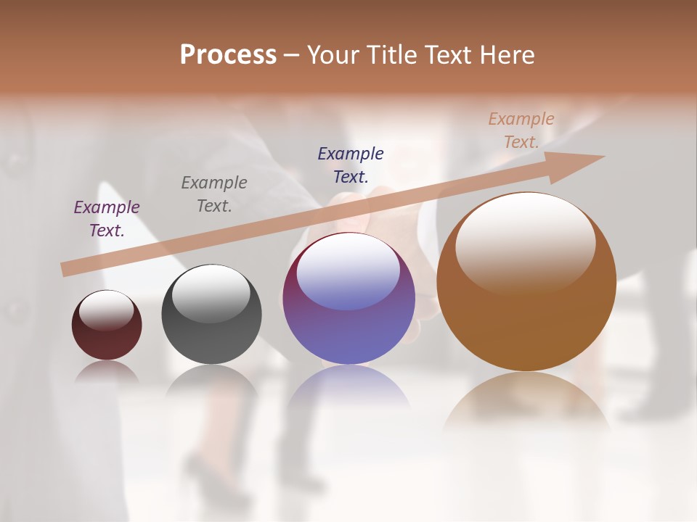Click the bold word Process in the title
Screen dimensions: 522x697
228,55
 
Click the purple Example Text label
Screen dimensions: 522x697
107,218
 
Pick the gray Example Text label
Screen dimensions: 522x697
213,194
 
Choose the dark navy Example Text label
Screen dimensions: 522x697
351,165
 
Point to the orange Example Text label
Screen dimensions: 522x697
521,130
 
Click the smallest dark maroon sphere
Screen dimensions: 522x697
107,330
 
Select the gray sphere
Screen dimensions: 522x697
211,319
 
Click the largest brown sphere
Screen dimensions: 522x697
526,304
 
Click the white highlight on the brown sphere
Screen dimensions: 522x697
526,239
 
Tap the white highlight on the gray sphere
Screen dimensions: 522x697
211,291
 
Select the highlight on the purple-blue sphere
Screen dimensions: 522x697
348,270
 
